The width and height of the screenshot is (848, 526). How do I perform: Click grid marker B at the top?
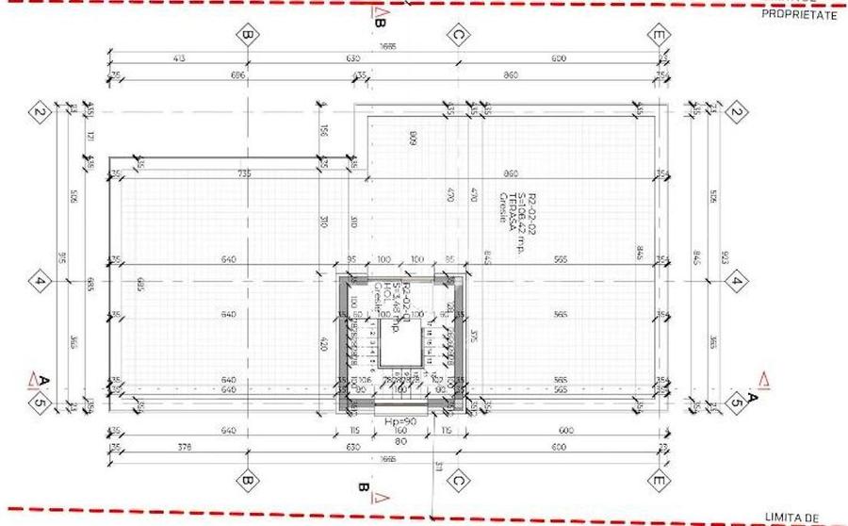[x=247, y=36]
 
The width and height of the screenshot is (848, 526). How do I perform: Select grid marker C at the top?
[x=458, y=36]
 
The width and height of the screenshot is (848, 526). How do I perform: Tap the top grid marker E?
[x=660, y=36]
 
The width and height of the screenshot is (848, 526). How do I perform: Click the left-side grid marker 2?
[x=40, y=113]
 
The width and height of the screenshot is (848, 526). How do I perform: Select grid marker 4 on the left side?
[x=40, y=280]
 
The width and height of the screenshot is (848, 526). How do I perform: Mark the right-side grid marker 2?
[x=737, y=113]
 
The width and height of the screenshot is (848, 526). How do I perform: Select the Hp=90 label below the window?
[x=400, y=421]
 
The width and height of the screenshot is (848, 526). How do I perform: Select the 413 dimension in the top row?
[x=179, y=58]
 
